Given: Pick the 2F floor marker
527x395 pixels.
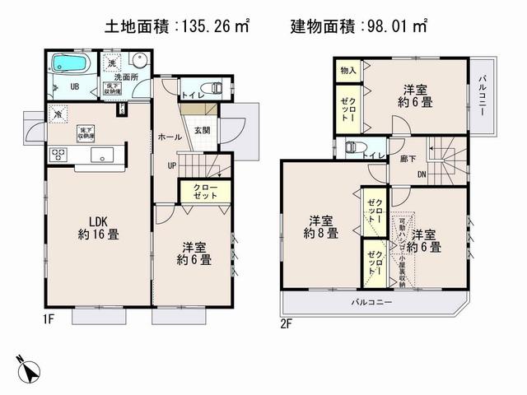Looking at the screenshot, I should coord(287,323).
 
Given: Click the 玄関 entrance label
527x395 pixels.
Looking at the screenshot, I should coord(203,129).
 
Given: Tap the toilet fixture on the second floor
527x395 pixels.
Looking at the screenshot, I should coord(352,147).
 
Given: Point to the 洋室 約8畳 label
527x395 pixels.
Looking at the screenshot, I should coord(321,226).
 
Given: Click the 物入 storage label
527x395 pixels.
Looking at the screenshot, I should coord(348,72).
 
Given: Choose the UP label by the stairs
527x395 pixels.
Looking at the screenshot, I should coord(171,165).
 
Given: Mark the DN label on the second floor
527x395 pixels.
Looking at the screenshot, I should coord(421,174).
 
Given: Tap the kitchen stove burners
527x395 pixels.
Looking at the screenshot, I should coord(59,153).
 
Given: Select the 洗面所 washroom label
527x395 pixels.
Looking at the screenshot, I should coord(137,77).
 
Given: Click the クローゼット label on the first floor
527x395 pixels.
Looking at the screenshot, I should coord(207,191).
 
